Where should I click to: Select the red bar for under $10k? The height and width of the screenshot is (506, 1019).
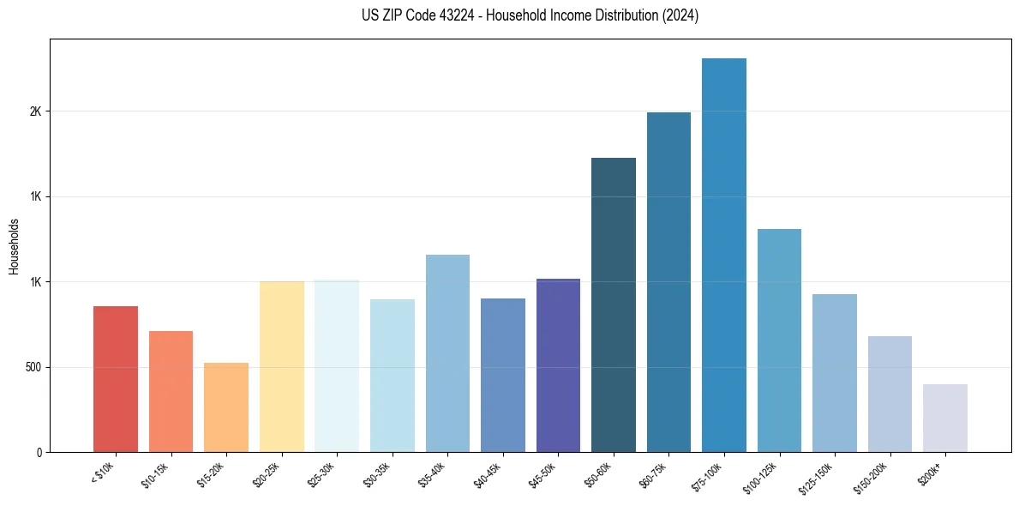point(116,379)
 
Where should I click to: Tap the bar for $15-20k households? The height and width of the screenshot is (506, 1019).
point(226,407)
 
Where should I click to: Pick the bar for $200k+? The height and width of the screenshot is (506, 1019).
point(945,418)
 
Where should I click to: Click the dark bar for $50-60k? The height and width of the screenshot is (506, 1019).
point(613,305)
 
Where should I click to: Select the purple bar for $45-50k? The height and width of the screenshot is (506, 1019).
point(558,365)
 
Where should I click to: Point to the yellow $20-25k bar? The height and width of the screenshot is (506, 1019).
point(281,367)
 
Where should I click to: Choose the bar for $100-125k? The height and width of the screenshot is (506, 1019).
point(779,340)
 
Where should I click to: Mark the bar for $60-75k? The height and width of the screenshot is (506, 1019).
point(668,282)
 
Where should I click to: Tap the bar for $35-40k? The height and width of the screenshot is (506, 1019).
point(447,353)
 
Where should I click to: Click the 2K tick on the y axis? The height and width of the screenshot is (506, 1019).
point(35,111)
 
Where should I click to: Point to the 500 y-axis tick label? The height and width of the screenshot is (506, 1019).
point(33,367)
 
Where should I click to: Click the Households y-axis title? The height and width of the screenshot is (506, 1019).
point(15,245)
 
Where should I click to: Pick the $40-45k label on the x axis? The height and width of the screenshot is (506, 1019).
point(487,474)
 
